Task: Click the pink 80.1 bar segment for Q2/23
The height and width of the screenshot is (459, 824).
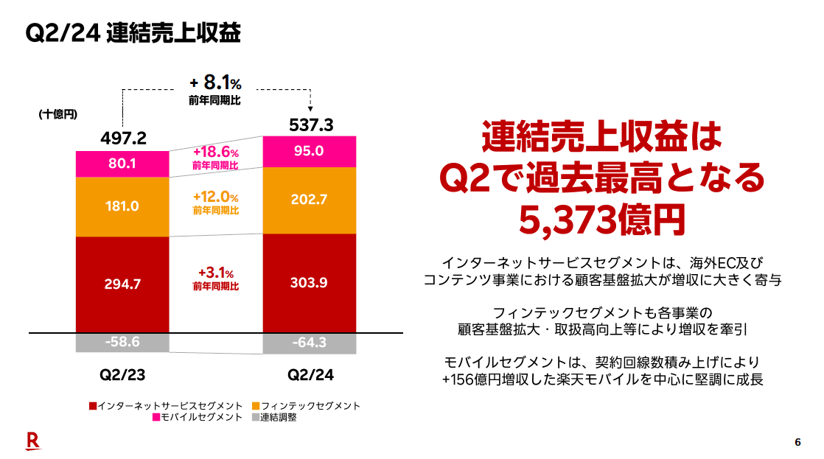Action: [122, 164]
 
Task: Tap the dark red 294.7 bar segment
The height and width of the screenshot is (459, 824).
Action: [122, 284]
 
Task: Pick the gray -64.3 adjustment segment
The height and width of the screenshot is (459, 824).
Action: [309, 343]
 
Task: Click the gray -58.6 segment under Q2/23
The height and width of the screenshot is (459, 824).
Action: [122, 342]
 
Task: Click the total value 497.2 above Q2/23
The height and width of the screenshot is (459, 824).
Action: [122, 139]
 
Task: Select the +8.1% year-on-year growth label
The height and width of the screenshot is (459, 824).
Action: [215, 82]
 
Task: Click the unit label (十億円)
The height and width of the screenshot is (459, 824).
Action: [57, 114]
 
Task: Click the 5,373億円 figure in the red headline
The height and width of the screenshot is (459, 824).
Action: [598, 218]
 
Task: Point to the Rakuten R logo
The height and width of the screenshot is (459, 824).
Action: [32, 441]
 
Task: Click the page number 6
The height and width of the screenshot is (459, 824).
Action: [797, 442]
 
